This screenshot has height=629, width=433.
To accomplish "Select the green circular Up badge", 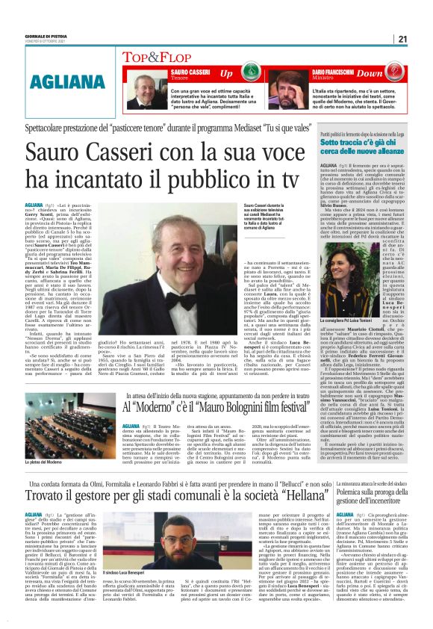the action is pos(226,73).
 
